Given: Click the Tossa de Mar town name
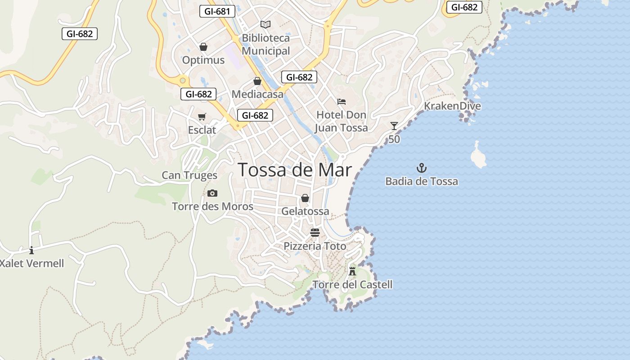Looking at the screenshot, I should [294, 170].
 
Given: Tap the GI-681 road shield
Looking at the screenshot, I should [217, 11].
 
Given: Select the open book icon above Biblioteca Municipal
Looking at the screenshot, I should [265, 24].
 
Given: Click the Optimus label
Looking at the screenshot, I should [203, 60].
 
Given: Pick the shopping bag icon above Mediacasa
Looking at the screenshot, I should [257, 81].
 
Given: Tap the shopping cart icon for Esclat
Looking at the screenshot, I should [202, 117].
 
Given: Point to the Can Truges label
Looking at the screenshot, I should [189, 175].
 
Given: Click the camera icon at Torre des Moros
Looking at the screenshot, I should [212, 193].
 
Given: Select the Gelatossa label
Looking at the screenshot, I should [305, 211].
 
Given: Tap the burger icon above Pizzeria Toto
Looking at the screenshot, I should [315, 233].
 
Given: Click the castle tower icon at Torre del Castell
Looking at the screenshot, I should [352, 271].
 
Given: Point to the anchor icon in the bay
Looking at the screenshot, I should [422, 168].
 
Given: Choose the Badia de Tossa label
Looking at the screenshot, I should [422, 181].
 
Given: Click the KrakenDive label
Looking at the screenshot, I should [452, 106].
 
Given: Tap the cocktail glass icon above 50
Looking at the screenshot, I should [394, 126].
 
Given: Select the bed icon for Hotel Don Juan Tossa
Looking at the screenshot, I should [342, 102].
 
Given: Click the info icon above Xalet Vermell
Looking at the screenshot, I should [31, 250].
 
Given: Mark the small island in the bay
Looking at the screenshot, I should [478, 156].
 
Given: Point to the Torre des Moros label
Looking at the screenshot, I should [212, 207].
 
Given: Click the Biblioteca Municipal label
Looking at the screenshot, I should [265, 44].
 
